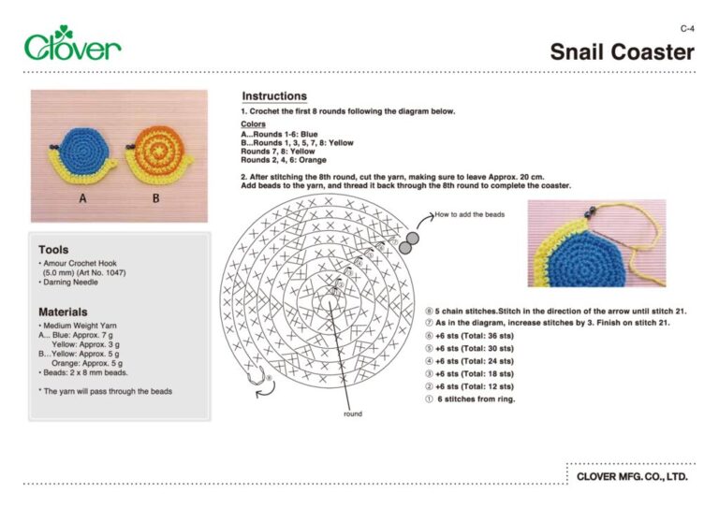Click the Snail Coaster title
click(622, 51)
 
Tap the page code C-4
click(687, 29)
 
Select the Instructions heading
click(274, 96)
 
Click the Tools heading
click(53, 250)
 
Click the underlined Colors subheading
click(253, 124)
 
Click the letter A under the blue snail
click(83, 199)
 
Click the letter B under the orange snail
click(155, 199)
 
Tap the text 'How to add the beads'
click(469, 214)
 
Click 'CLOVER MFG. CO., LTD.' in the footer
click(632, 476)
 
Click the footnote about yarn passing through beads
click(105, 391)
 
